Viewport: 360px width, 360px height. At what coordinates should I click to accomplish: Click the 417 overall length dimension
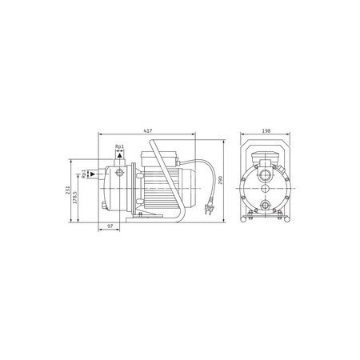coord(148,130)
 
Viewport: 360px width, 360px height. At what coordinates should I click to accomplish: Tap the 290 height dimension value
coord(220,180)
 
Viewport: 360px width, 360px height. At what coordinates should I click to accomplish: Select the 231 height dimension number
coord(68,190)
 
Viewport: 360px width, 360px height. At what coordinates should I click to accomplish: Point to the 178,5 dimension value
coord(75,198)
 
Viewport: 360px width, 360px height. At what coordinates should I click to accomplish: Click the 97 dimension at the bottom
coord(110,226)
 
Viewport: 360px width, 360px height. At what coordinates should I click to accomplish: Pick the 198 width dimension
coord(266,130)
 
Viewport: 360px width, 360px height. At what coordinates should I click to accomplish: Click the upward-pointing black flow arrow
coord(120,155)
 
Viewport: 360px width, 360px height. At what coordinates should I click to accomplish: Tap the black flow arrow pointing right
coord(93,174)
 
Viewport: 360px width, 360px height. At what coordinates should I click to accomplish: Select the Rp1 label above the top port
coord(119,146)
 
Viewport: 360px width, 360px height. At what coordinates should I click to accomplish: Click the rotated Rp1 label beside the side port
coord(84,174)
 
